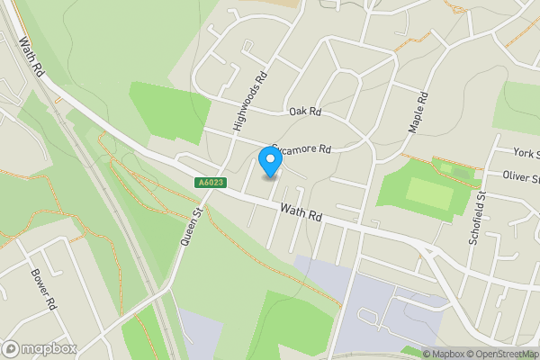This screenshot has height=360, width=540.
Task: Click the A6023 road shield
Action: [x=209, y=183]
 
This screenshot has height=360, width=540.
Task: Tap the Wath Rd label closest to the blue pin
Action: [x=301, y=213]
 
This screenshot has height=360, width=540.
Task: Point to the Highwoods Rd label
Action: [x=250, y=101]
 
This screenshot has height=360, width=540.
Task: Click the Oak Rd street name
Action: [x=305, y=112]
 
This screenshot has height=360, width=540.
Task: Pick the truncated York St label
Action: [x=525, y=154]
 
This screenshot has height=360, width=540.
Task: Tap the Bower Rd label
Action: [x=43, y=289]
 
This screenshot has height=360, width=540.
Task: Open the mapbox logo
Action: [x=40, y=348]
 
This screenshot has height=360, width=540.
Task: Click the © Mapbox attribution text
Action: [x=444, y=354]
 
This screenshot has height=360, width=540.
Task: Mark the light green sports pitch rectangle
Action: [x=429, y=192]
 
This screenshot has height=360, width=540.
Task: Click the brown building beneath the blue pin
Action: [x=268, y=176]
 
